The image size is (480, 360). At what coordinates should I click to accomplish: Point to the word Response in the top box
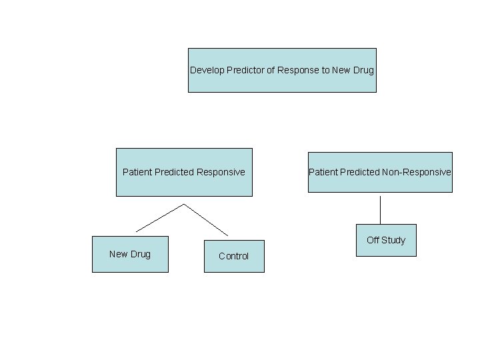pos(299,70)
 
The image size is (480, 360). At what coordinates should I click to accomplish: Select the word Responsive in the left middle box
pos(221,172)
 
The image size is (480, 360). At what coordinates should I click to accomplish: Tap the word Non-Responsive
pos(417,172)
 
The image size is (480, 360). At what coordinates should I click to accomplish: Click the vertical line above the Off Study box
pos(380,209)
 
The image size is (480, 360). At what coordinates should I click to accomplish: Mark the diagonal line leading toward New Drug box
pos(160,218)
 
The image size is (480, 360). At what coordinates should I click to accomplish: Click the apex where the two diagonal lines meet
pos(183,204)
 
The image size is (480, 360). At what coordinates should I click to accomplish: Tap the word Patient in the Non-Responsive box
pos(323,172)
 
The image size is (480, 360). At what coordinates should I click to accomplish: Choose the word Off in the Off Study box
pos(373,240)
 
